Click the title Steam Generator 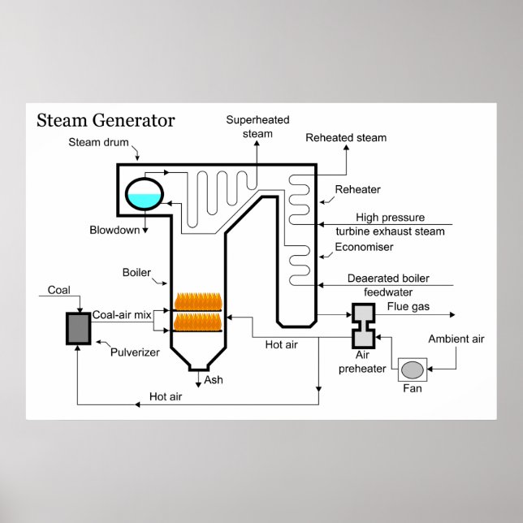click(x=106, y=121)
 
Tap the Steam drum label click(x=96, y=142)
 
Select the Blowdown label click(x=115, y=230)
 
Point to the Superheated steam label click(x=257, y=126)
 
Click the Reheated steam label click(x=346, y=137)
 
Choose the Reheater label click(x=358, y=190)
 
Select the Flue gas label click(x=408, y=306)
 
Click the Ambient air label click(x=456, y=339)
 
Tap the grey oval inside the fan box click(x=413, y=370)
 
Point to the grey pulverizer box click(x=79, y=327)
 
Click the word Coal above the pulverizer click(x=59, y=290)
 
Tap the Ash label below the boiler click(x=214, y=379)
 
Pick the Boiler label click(x=136, y=272)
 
